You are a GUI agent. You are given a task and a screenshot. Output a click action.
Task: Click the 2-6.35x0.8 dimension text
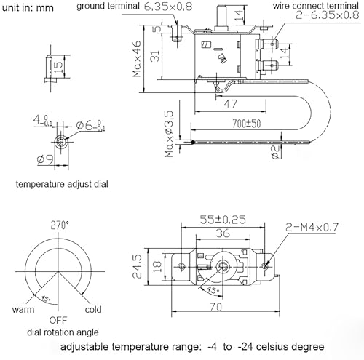(319, 17)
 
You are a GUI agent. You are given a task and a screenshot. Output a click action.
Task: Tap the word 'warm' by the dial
(23, 309)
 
